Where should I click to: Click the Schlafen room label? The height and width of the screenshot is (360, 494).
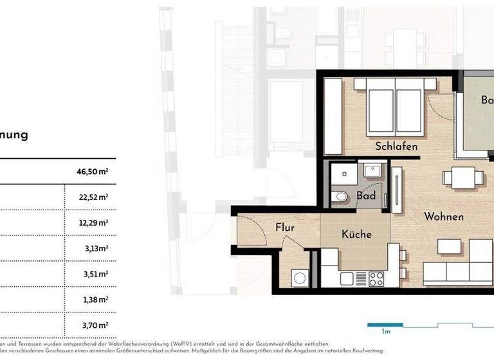point(397,147)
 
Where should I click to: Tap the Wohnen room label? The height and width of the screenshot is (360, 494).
point(443,217)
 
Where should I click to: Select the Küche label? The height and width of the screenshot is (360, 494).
point(356,235)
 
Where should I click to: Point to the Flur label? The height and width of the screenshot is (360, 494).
point(285,227)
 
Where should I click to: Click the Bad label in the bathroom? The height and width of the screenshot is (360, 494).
point(366,195)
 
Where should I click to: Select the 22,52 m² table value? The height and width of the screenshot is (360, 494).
point(93,197)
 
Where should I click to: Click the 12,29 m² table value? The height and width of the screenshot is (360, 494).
point(93,222)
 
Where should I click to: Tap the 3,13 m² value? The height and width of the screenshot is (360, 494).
point(95,248)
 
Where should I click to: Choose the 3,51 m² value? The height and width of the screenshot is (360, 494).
point(95,273)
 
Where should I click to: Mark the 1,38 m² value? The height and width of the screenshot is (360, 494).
point(95,299)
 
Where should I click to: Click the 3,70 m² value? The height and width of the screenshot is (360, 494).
point(95,325)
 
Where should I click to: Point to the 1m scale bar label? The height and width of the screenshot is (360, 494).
point(387,332)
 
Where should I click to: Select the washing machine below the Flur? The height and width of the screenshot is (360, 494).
point(300,278)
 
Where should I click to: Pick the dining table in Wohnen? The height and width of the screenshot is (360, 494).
point(463,177)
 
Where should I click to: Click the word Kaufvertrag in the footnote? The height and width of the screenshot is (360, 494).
point(365,351)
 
